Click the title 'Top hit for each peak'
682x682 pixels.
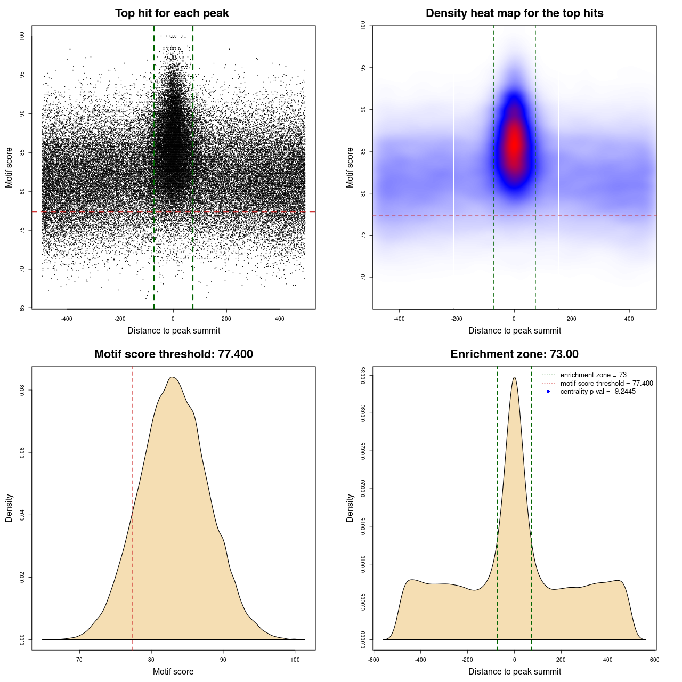pyautogui.click(x=172, y=13)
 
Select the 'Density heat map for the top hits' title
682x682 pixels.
pyautogui.click(x=514, y=13)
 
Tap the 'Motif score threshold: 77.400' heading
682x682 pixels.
pyautogui.click(x=173, y=354)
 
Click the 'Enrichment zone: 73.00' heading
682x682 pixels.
pyautogui.click(x=514, y=354)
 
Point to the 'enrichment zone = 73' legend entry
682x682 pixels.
pyautogui.click(x=593, y=375)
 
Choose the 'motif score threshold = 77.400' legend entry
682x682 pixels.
pyautogui.click(x=606, y=383)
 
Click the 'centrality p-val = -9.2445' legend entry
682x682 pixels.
pyautogui.click(x=598, y=392)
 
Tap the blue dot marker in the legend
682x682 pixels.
pyautogui.click(x=548, y=392)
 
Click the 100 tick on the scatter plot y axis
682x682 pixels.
pyautogui.click(x=22, y=36)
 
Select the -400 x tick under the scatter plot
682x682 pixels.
pyautogui.click(x=67, y=319)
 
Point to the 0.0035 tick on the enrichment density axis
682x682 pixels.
pyautogui.click(x=363, y=376)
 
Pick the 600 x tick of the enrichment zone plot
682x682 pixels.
pyautogui.click(x=655, y=660)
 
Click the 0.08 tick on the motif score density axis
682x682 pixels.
pyautogui.click(x=22, y=391)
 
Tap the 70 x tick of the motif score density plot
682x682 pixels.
pyautogui.click(x=80, y=660)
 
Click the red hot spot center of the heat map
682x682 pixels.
pyautogui.click(x=514, y=144)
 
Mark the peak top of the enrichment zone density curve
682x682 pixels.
pyautogui.click(x=514, y=377)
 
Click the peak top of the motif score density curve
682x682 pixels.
pyautogui.click(x=172, y=377)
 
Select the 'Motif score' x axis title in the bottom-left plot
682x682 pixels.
pyautogui.click(x=173, y=671)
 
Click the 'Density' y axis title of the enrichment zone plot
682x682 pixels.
pyautogui.click(x=350, y=508)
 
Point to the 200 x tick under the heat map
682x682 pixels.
pyautogui.click(x=572, y=319)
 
